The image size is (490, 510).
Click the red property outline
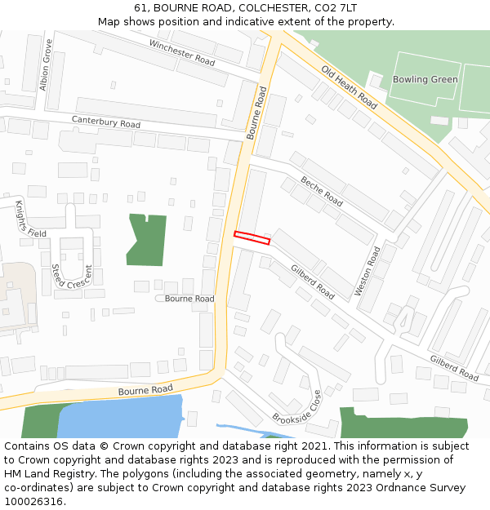pos(252,237)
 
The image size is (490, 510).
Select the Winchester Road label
pos(181,51)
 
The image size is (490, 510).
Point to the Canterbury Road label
pos(106,122)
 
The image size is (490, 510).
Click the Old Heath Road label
pos(349,87)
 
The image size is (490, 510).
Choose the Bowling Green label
pos(425,79)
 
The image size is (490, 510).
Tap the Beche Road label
pos(321,190)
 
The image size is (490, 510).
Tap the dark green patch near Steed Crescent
pos(147,238)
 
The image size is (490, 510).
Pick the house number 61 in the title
pos(141,7)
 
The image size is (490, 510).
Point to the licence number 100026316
pos(35,501)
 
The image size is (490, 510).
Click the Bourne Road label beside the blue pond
pos(145,390)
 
